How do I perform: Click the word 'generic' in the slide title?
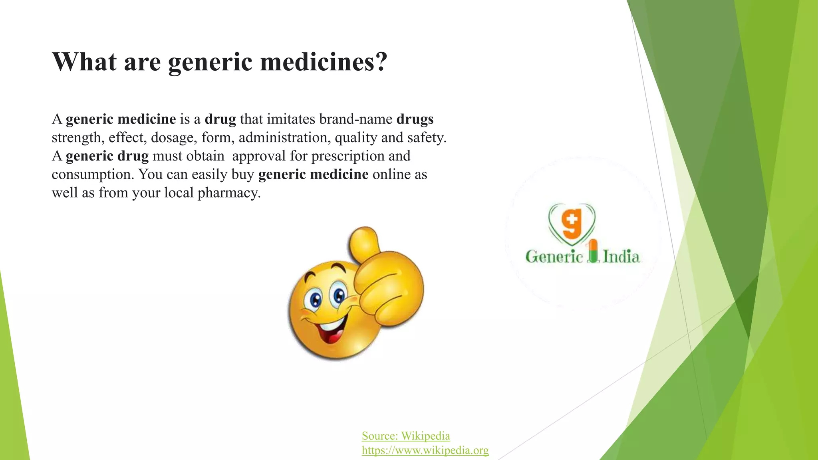[x=210, y=62]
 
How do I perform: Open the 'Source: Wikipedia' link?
[x=406, y=436]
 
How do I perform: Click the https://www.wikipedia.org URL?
[x=425, y=450]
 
